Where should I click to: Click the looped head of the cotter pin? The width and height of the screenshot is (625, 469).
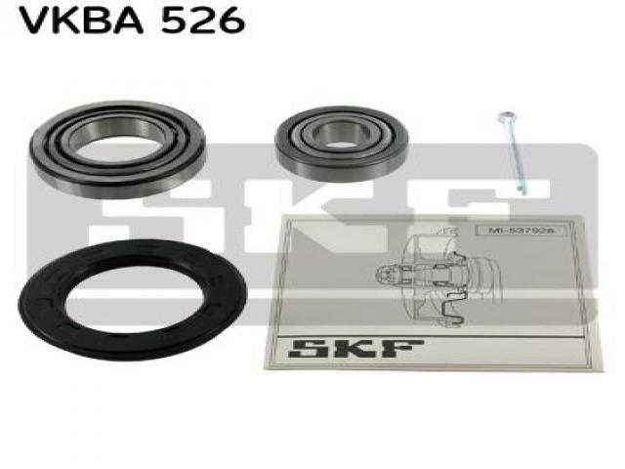pyautogui.click(x=506, y=116)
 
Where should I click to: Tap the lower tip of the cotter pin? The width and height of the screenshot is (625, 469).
pyautogui.click(x=523, y=193)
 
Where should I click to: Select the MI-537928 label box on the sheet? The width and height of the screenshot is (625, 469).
pyautogui.click(x=517, y=231)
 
